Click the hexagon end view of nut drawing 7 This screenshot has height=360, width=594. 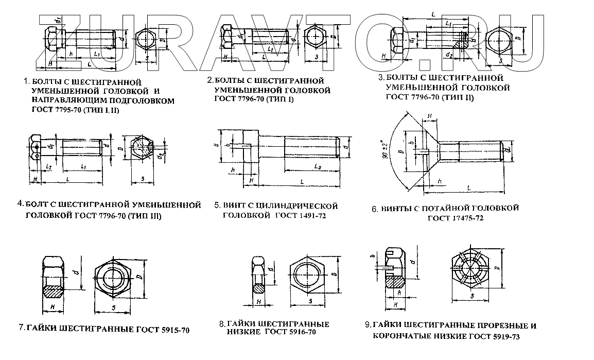114,279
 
